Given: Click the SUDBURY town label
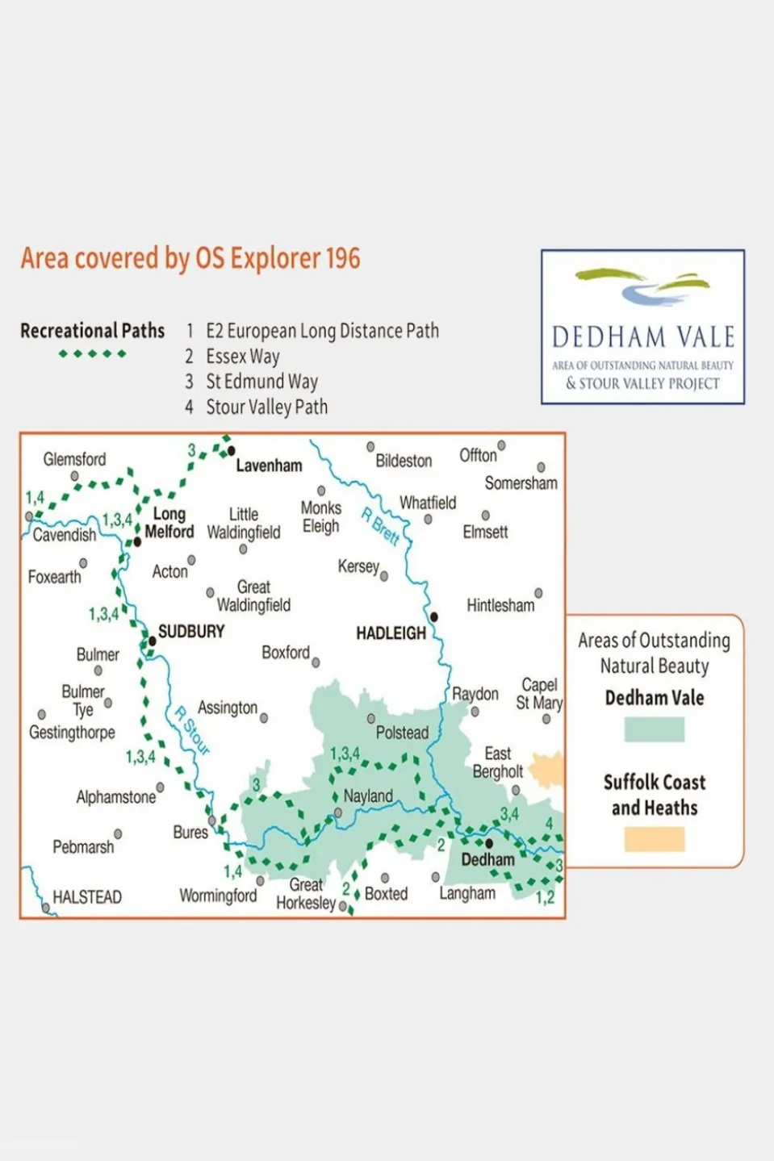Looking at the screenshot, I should (x=191, y=632).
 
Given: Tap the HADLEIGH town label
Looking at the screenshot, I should (x=391, y=633).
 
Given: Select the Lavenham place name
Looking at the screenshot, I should (x=269, y=466).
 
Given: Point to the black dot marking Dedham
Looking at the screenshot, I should (x=488, y=843).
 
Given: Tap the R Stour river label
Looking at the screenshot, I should (x=193, y=730).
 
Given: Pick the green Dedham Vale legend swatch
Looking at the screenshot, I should (x=654, y=729).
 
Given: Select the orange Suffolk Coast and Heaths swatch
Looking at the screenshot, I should (x=654, y=839).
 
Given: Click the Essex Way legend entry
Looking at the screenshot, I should (x=242, y=357).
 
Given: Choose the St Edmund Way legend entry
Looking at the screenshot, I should (x=261, y=382).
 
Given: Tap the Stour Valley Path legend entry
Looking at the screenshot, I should (x=266, y=407).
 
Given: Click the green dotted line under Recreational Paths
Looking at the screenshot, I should (x=92, y=353).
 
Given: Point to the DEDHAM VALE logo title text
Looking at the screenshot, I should (x=642, y=336).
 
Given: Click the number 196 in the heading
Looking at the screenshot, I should (x=343, y=259).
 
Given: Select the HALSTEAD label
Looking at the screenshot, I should (x=86, y=897).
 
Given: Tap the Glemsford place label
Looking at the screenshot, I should (x=74, y=459).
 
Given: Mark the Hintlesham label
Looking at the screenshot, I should (x=500, y=605).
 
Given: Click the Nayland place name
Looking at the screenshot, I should (x=368, y=796).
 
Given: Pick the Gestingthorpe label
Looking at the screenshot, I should (x=72, y=733).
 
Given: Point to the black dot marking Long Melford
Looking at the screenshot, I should (x=137, y=541).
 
